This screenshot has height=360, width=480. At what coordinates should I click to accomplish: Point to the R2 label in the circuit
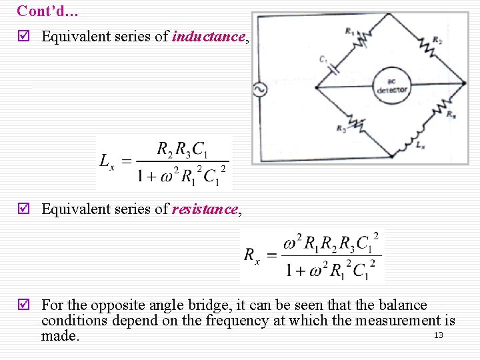[x=437, y=41]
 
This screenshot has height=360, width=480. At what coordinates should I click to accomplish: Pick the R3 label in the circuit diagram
[x=341, y=129]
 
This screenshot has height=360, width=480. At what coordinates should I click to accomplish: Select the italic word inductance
[x=208, y=37]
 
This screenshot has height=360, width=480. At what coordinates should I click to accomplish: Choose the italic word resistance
[x=205, y=209]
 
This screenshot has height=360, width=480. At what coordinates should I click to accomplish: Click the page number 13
[x=438, y=335]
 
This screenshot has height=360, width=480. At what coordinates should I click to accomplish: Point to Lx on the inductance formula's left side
[x=107, y=161]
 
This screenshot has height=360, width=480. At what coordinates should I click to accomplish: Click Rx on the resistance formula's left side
[x=251, y=255]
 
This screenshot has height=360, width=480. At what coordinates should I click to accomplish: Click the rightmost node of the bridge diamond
[x=465, y=83]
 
